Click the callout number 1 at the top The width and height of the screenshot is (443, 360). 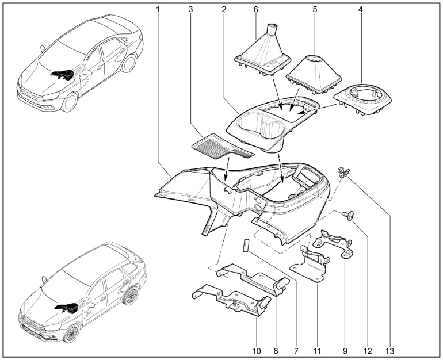(158, 10)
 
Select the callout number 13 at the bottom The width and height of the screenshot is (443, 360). (389, 351)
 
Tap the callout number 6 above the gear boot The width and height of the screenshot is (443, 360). (255, 10)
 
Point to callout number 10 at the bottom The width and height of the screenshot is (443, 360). (257, 351)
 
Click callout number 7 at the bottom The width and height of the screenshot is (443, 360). (296, 351)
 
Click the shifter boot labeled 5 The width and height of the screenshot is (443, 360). (314, 75)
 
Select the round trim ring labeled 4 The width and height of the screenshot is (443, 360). (363, 99)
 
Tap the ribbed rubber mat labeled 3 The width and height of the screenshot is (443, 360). (222, 147)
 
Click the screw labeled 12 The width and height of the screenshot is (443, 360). (349, 216)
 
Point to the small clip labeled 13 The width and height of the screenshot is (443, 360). (343, 172)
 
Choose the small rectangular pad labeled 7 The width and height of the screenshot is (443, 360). (245, 245)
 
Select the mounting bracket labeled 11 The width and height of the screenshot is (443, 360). (310, 264)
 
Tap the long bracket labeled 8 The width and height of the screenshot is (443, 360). (253, 279)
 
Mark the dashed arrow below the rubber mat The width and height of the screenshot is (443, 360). (227, 169)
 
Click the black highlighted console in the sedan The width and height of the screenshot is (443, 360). (62, 74)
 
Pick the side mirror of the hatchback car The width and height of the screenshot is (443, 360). (43, 279)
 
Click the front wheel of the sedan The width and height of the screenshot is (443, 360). (70, 102)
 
